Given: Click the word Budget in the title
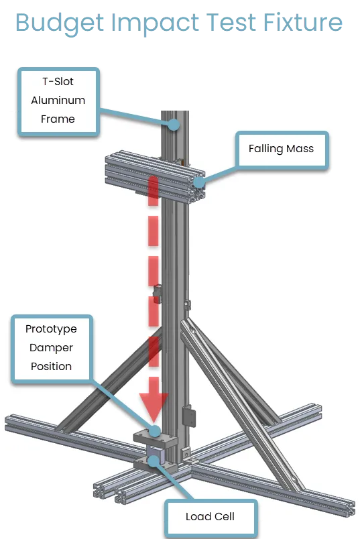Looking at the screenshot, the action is click(x=60, y=23).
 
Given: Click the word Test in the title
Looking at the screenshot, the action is click(x=231, y=22).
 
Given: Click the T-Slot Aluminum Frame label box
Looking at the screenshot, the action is click(x=58, y=101).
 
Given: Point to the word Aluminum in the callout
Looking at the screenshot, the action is click(x=58, y=101).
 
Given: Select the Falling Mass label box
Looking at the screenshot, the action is click(x=282, y=149).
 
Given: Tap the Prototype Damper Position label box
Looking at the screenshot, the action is click(x=52, y=348).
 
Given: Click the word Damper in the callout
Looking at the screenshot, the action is click(x=51, y=348).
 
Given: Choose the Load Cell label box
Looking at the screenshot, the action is click(x=210, y=517).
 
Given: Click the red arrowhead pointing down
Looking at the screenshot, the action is click(x=154, y=408).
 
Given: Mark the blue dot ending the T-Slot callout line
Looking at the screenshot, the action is click(x=174, y=125).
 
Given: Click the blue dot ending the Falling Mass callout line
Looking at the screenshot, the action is click(x=199, y=182).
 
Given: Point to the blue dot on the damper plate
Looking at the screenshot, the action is click(x=155, y=430).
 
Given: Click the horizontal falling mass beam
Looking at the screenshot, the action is click(x=155, y=177).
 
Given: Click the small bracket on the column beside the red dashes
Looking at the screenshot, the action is click(x=157, y=293).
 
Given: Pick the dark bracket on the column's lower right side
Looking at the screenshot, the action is click(x=188, y=416).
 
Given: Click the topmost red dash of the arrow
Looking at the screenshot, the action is click(x=154, y=191).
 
